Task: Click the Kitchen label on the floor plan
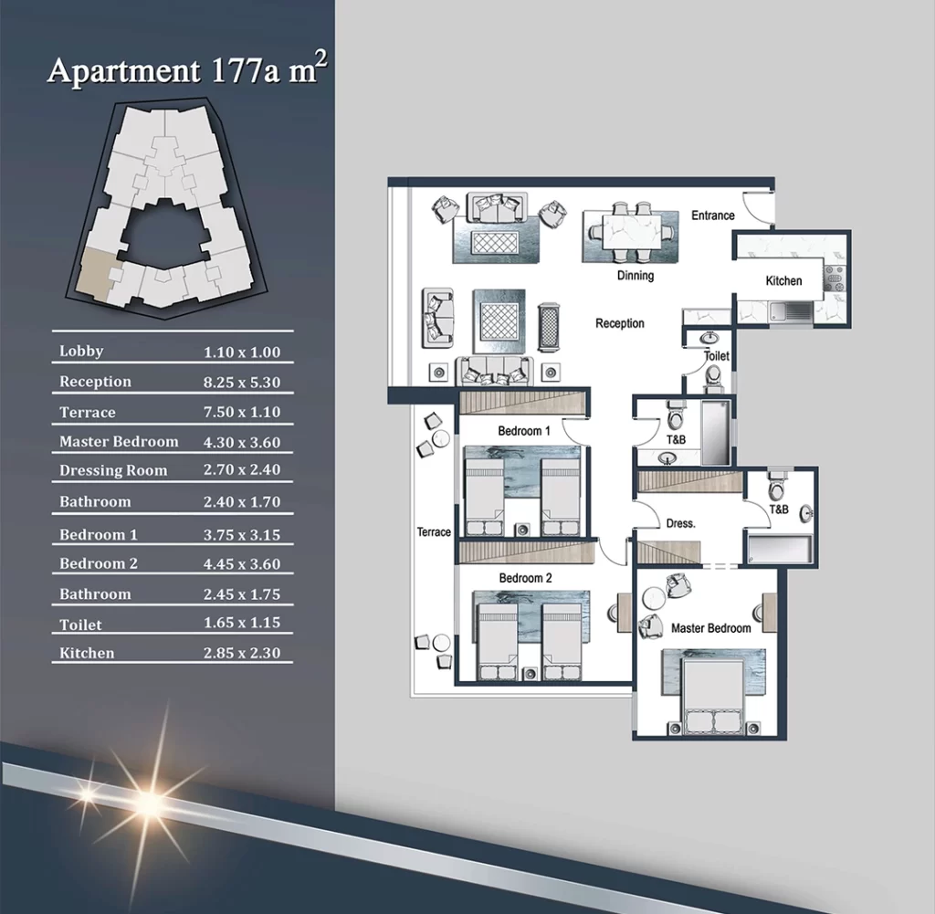coord(783,281)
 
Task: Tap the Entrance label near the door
coord(713,215)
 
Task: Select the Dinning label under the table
coord(636,276)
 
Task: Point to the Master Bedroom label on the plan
coord(710,628)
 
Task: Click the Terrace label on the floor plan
coord(434,531)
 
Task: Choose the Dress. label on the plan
coord(681,523)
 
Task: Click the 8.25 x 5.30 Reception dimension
coord(241,383)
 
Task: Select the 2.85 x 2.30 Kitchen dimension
coord(241,653)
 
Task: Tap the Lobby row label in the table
coord(81,352)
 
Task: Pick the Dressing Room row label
coord(113,470)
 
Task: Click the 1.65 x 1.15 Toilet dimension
coord(241,623)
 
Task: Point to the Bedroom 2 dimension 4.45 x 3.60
coord(241,564)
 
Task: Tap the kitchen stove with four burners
coord(834,278)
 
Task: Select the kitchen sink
coord(790,311)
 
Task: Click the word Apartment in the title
coord(123,71)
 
